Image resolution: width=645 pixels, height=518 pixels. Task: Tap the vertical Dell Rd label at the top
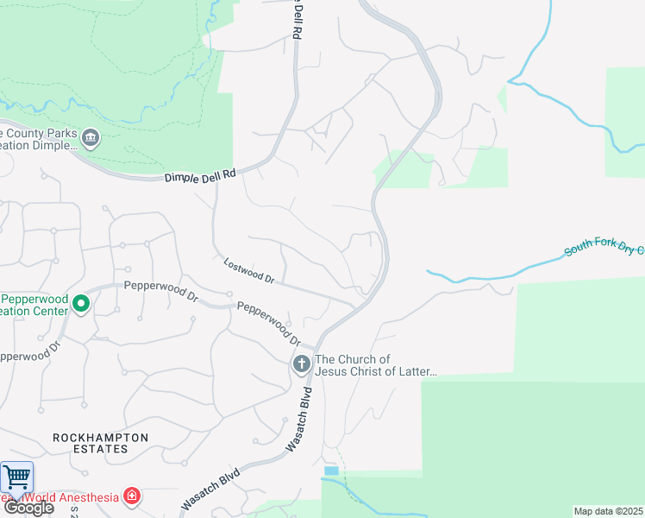tap(297, 20)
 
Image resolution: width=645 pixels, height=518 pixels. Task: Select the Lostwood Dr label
tap(248, 271)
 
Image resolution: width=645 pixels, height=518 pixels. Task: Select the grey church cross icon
tap(302, 364)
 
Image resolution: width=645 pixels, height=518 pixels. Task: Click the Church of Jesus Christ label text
tap(376, 365)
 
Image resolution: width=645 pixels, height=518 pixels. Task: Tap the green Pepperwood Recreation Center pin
tap(81, 304)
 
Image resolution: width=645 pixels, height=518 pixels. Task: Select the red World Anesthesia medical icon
tap(131, 496)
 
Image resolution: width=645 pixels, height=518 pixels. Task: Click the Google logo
tap(28, 508)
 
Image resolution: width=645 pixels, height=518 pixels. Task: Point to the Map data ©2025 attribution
tap(608, 511)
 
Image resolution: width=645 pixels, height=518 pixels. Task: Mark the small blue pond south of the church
tap(332, 471)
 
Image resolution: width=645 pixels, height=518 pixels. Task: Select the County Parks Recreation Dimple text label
tap(39, 140)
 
